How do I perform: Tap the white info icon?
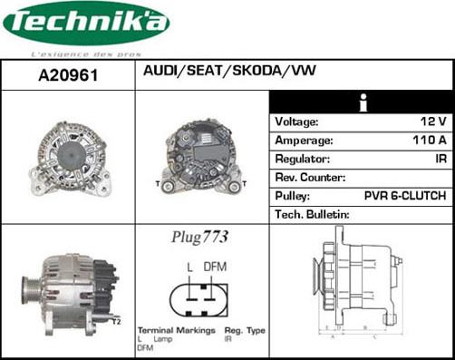363,102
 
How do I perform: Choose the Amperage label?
304,141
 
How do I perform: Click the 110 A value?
429,141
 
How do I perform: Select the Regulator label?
302,159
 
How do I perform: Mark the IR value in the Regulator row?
440,159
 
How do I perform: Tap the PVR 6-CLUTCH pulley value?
403,196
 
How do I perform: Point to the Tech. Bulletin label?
312,215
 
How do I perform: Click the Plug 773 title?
199,238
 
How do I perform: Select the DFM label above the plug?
215,267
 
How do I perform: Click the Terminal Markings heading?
176,330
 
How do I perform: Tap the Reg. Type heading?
244,330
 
